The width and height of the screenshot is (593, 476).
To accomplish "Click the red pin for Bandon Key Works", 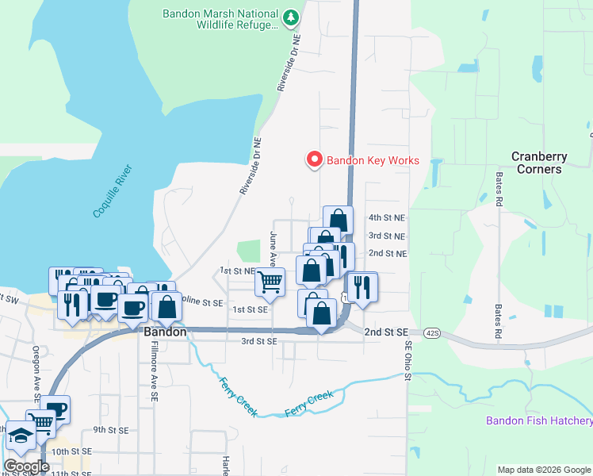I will point(314,159).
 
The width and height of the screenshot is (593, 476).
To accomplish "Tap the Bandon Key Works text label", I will point(373,160).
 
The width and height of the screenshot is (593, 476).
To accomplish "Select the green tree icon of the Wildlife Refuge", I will point(292,16).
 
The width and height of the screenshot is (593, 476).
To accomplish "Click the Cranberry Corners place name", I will point(537,163).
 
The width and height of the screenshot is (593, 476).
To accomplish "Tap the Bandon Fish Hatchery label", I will point(539,421).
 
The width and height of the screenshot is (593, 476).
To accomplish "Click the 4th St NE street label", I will point(387,217).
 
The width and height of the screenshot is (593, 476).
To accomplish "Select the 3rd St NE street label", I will point(387,236).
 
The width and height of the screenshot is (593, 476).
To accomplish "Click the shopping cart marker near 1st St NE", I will point(270,282).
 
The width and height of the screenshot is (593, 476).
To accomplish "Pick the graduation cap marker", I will point(20,436).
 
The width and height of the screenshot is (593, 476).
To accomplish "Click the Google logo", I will point(26,466).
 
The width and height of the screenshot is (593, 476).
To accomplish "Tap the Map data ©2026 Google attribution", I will point(544,470).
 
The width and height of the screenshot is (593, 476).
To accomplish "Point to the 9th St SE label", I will point(111,429).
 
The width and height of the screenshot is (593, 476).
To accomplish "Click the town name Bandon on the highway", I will point(165,332).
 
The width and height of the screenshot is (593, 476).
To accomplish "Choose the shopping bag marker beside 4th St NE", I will point(338,220).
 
